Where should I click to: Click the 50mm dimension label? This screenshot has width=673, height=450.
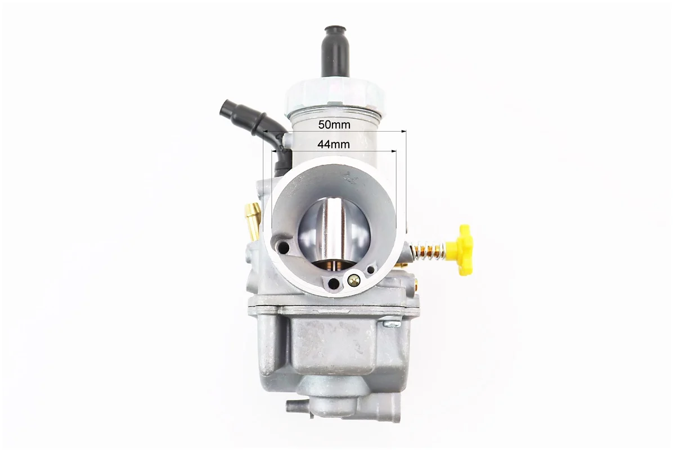(334, 125)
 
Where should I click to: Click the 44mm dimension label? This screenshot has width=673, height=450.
(334, 145)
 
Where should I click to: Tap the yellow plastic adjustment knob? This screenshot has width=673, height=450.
(461, 249)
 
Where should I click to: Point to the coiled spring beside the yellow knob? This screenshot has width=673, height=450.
(429, 250)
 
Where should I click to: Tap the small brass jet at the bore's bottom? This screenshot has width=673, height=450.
(353, 281)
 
